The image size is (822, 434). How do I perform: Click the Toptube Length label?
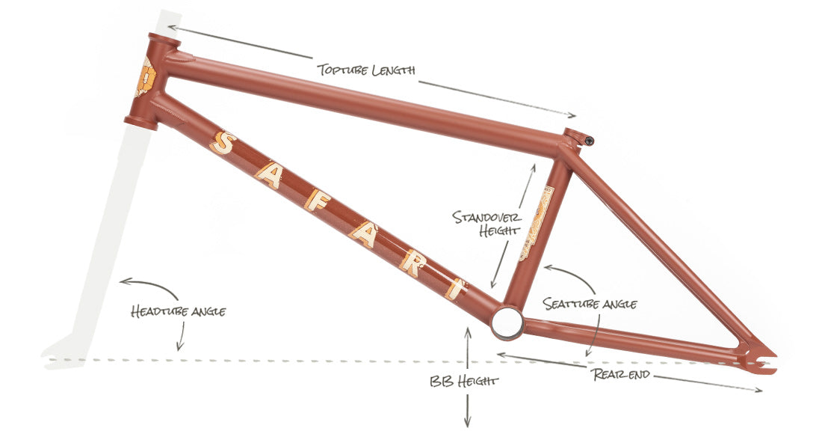click(366, 70)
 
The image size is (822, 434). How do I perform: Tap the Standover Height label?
click(486, 223)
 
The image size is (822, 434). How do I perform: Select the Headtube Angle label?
click(179, 311)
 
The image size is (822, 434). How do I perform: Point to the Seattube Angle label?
click(590, 304)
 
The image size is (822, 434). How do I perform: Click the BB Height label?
click(463, 381)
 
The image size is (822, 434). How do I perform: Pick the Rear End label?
click(621, 374)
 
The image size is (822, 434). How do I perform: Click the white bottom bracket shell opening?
click(507, 323)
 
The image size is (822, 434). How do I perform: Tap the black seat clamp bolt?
click(590, 140)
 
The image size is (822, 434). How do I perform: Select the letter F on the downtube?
click(317, 201)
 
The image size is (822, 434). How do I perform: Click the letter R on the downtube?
click(412, 263)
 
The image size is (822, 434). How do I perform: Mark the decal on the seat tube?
click(536, 224)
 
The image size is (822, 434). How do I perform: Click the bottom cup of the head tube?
click(140, 123)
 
